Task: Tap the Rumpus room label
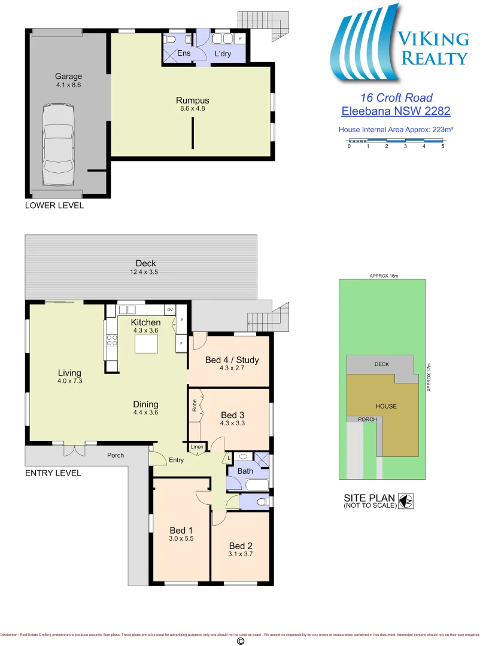pos(192,100)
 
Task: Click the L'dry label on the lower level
pos(223,54)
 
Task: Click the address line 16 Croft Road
pos(396,97)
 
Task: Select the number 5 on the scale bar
pos(443,147)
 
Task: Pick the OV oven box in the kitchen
pos(170,309)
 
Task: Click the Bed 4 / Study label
pos(232,359)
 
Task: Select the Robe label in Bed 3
pos(195,406)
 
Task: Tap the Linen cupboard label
pos(197,447)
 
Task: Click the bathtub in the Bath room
pos(248,484)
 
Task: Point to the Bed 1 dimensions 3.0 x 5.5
pos(181,538)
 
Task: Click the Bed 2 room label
pos(241,546)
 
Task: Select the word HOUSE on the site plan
pos(386,406)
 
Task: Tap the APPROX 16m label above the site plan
pos(384,276)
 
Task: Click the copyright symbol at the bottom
pos(241,641)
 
